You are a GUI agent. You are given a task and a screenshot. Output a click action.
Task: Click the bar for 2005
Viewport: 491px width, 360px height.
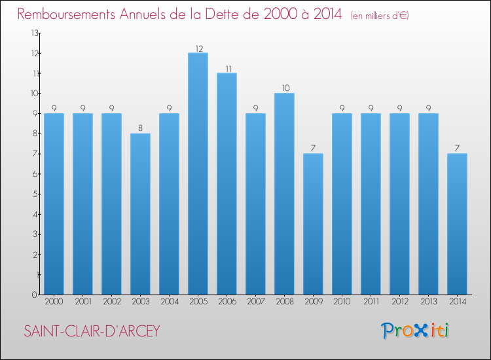click(x=198, y=173)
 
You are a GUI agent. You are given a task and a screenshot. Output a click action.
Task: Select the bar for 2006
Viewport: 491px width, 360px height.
click(x=227, y=183)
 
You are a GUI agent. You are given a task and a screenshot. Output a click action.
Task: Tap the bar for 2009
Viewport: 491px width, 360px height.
click(x=313, y=224)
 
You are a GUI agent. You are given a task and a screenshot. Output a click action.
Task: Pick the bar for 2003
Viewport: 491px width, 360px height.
click(x=140, y=214)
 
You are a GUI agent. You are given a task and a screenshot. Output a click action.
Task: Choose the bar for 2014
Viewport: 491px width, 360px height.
click(x=457, y=224)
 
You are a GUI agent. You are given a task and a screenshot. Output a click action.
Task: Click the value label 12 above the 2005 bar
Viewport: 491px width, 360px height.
click(x=198, y=48)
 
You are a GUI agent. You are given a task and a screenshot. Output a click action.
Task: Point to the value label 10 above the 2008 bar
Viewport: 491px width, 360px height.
click(x=284, y=88)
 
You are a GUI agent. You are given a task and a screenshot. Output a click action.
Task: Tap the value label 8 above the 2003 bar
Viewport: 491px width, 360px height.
click(x=140, y=129)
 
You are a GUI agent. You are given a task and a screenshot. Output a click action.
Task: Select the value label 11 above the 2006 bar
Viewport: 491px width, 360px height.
click(x=227, y=68)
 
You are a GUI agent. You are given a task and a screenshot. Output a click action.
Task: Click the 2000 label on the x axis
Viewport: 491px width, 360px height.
click(x=54, y=302)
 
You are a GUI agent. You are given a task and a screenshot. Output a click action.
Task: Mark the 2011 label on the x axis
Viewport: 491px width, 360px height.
click(x=371, y=302)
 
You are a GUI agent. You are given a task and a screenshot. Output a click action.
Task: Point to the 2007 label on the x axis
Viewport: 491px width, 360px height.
click(x=255, y=302)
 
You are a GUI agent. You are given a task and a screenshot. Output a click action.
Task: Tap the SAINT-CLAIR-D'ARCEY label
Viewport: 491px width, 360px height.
click(x=92, y=331)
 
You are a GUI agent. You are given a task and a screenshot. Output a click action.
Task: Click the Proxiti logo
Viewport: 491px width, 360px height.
click(x=416, y=331)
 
